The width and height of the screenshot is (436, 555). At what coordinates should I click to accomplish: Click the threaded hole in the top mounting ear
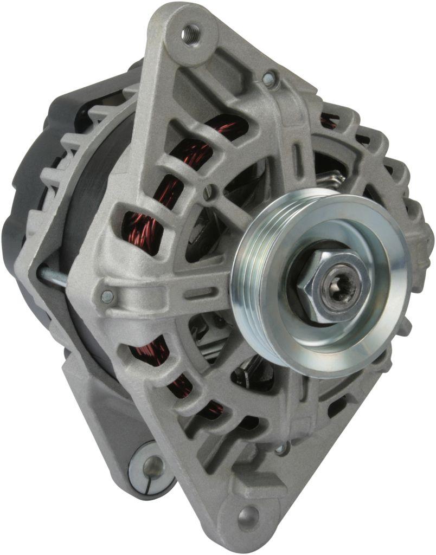[190, 34]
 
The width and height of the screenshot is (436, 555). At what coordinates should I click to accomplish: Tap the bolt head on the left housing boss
[108, 296]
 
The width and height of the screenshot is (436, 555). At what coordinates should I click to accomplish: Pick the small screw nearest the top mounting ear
[268, 79]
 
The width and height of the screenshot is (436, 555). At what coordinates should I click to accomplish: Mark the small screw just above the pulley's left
[210, 191]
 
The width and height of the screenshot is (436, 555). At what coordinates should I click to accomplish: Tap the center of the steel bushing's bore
[152, 465]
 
